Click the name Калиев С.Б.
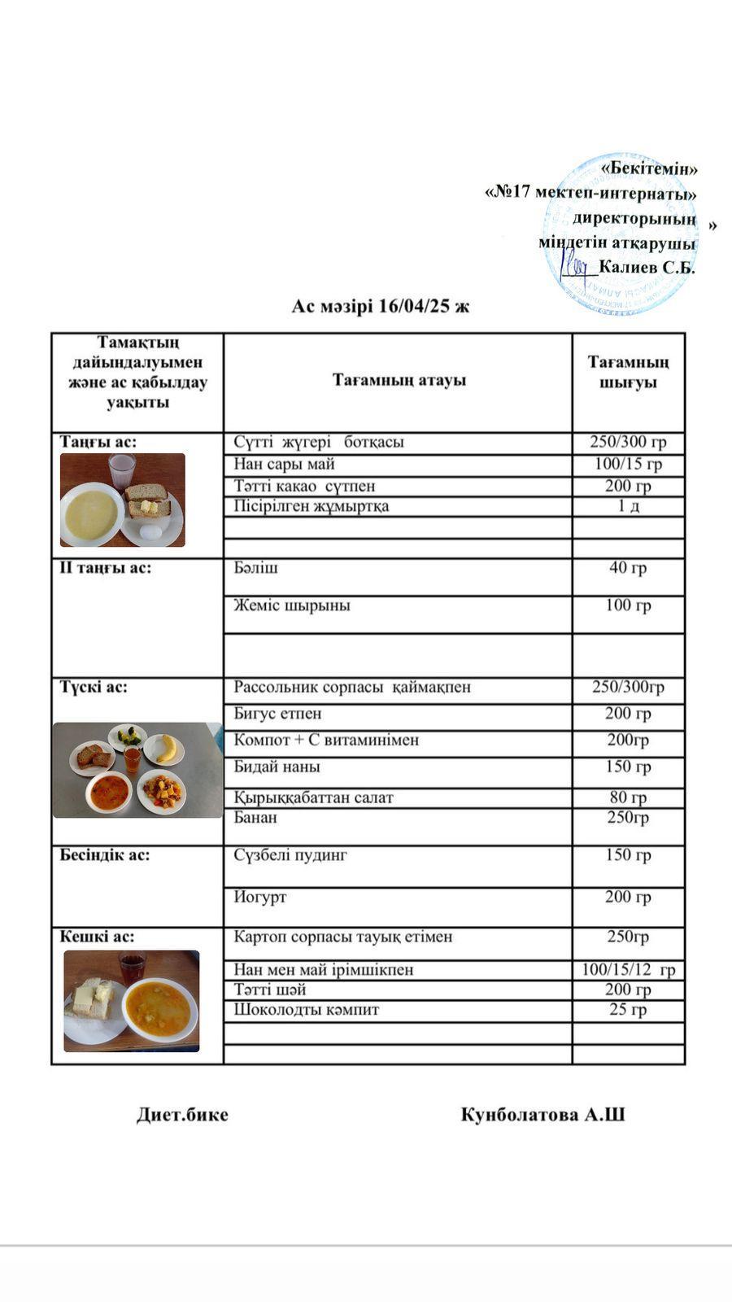pyautogui.click(x=647, y=268)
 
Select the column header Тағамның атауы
pyautogui.click(x=399, y=380)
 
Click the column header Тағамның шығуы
pyautogui.click(x=628, y=372)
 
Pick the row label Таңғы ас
pyautogui.click(x=98, y=442)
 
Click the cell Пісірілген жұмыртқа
pyautogui.click(x=312, y=506)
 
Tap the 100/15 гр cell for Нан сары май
pyautogui.click(x=628, y=465)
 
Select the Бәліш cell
pyautogui.click(x=256, y=568)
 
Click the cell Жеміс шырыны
pyautogui.click(x=292, y=605)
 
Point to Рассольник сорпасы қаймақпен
pyautogui.click(x=352, y=688)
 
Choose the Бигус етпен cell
pyautogui.click(x=277, y=714)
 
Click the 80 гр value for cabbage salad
pyautogui.click(x=628, y=797)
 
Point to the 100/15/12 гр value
pyautogui.click(x=628, y=970)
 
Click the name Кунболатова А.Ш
pyautogui.click(x=542, y=1115)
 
